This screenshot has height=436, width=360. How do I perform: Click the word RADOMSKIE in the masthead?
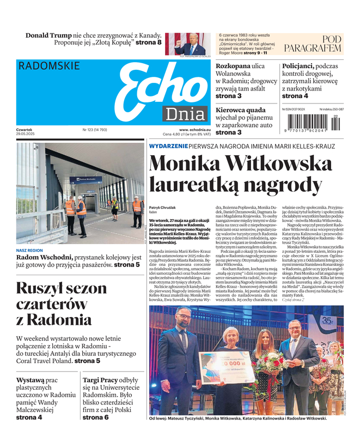click(48, 66)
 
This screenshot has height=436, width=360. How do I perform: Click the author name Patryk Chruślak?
click(163, 208)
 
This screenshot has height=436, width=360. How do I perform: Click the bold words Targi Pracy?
click(102, 379)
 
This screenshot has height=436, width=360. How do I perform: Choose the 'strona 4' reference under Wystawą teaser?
click(29, 417)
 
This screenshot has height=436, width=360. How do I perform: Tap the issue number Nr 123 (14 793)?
click(94, 130)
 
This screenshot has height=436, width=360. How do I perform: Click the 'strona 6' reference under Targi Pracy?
click(95, 417)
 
